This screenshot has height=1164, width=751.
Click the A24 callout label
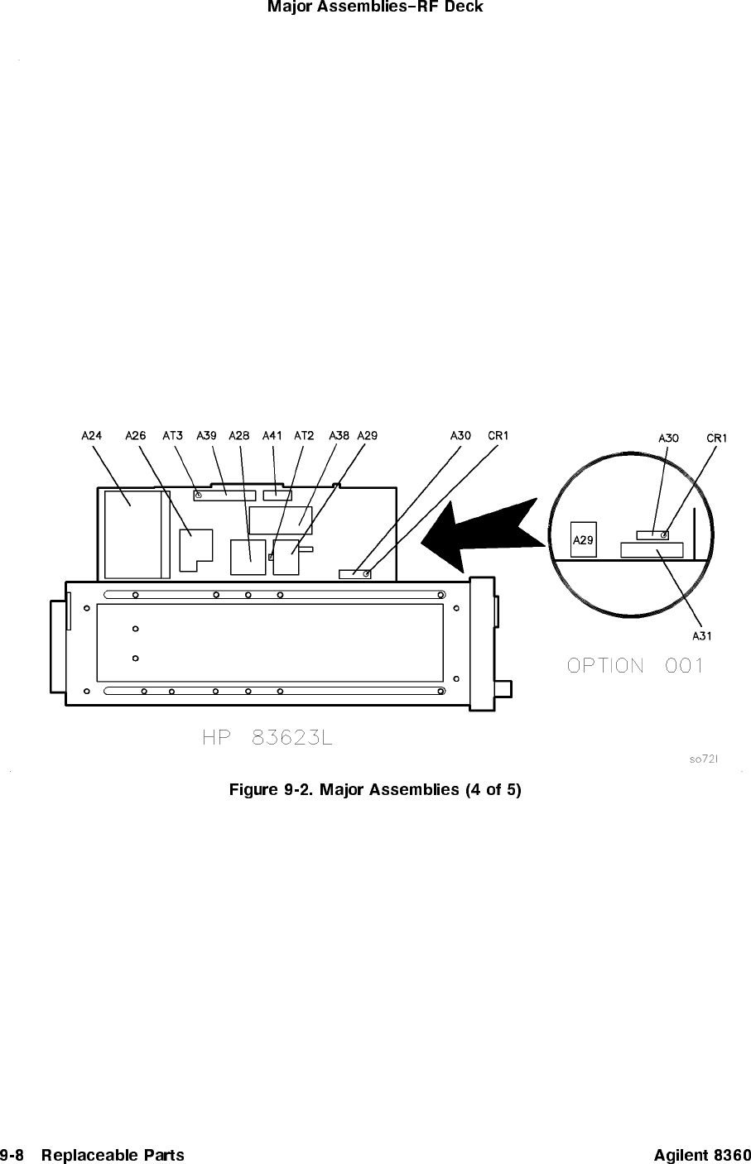92,434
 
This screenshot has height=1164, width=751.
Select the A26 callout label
136,434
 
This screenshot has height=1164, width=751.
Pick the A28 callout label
239,434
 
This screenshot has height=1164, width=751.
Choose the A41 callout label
272,434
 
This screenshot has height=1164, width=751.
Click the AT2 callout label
304,434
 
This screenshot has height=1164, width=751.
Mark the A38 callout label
339,434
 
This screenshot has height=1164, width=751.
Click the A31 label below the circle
702,635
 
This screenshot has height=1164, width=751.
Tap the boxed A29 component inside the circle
584,539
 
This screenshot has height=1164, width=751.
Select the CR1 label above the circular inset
717,438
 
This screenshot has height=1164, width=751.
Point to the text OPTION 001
635,665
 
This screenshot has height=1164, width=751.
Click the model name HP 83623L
267,737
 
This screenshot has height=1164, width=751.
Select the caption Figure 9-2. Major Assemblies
375,789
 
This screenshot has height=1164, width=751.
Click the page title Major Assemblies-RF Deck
375,7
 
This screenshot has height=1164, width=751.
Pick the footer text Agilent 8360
701,1154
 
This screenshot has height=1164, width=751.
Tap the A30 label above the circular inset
668,438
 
